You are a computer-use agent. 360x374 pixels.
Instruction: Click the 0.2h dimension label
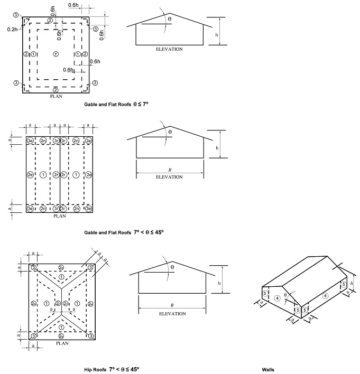(12, 30)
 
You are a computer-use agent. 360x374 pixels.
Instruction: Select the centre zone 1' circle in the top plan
(56, 54)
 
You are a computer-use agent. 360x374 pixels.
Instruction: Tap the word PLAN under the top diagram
(56, 97)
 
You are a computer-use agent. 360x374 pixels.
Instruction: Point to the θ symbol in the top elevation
(169, 19)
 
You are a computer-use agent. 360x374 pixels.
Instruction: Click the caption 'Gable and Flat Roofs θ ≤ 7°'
(116, 105)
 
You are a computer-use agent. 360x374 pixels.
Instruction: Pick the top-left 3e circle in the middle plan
(31, 141)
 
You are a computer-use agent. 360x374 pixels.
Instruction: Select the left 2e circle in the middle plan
(31, 174)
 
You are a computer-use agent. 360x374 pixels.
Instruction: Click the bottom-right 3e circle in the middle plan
(89, 209)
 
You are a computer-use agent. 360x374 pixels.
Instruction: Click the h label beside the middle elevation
(217, 148)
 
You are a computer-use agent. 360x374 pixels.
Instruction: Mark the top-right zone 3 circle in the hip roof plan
(91, 268)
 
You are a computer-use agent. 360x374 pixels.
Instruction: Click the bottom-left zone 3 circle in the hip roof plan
(34, 335)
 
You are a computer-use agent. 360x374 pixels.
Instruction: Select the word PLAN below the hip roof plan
(62, 343)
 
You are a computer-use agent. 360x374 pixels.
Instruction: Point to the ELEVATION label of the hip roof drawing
(172, 314)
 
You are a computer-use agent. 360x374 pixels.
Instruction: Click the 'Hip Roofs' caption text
(96, 369)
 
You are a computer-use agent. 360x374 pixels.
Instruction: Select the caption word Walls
(268, 369)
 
